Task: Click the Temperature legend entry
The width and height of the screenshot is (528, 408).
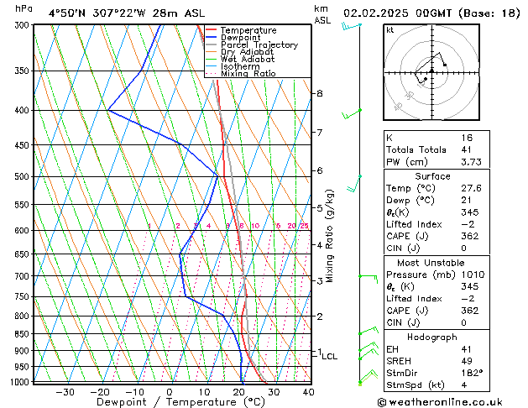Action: click(248, 30)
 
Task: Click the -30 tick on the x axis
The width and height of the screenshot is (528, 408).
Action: click(65, 391)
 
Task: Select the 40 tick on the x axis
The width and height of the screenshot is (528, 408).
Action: click(308, 391)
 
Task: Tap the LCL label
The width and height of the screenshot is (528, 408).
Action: click(329, 357)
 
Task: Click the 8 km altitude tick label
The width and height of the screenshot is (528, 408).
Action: click(320, 93)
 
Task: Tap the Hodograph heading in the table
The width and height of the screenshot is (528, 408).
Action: click(434, 337)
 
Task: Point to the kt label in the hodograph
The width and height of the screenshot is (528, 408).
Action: click(390, 30)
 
